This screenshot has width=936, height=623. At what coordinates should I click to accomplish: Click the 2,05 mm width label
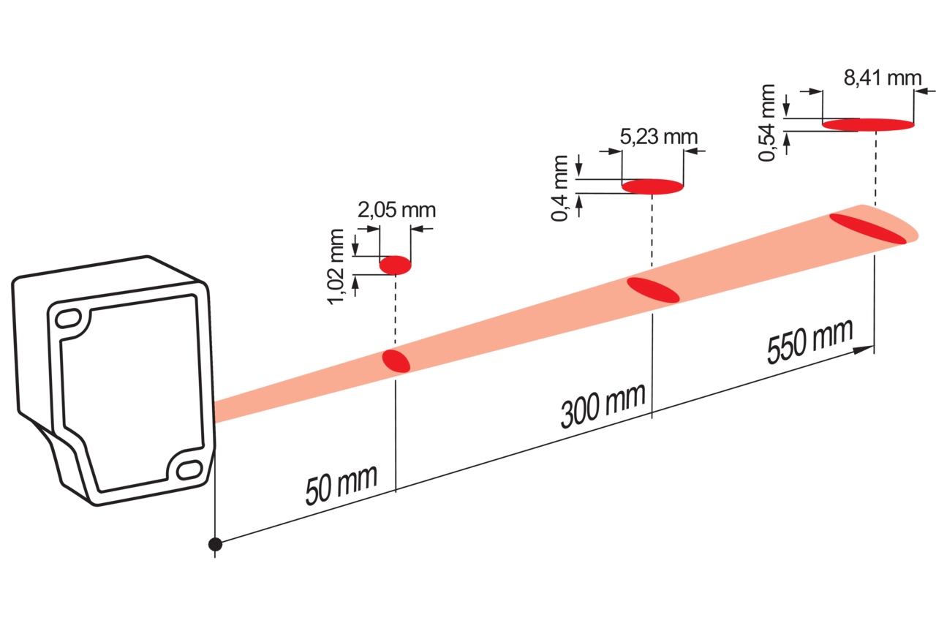[396, 210]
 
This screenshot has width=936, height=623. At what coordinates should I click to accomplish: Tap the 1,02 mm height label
[337, 267]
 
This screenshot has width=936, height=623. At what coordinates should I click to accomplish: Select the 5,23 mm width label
[659, 137]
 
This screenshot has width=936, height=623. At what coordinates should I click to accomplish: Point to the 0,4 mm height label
[559, 188]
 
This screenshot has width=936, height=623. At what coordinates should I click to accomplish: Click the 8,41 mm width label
[883, 78]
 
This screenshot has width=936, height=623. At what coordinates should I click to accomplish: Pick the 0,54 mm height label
[767, 122]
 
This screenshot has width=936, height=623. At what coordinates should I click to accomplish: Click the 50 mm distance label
[341, 484]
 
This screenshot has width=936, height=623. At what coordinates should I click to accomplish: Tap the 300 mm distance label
[603, 406]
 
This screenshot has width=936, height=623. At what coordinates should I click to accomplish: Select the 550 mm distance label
[809, 341]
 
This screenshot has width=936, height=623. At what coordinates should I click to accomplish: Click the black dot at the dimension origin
[215, 545]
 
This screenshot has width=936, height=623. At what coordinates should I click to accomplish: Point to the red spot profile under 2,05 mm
[396, 265]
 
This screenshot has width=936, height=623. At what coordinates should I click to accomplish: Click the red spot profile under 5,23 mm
[653, 186]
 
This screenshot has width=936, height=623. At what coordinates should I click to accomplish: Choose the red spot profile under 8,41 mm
[868, 124]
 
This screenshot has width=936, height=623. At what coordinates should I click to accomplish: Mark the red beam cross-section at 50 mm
[396, 361]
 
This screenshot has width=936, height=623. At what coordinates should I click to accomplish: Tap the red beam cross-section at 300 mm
[653, 290]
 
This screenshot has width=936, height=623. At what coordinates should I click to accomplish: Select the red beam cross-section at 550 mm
[868, 229]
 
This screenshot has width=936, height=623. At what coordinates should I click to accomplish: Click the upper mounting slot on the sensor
[69, 318]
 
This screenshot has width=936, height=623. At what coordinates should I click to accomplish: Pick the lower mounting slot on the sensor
[189, 470]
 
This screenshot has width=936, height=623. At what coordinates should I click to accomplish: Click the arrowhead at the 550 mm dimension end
[864, 350]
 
